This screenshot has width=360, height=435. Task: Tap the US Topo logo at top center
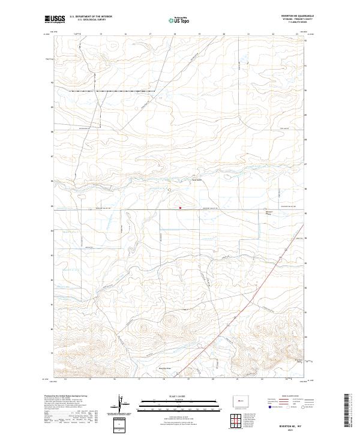(179, 20)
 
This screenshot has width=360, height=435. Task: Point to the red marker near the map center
(180, 209)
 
